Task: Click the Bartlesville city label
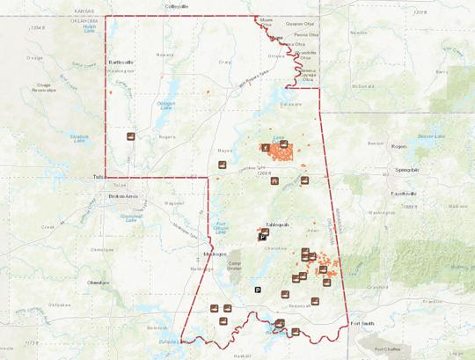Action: [121, 63]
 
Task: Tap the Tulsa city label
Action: [98, 177]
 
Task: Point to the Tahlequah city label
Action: [266, 225]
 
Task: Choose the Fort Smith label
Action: [362, 323]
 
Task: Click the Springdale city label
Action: [406, 168]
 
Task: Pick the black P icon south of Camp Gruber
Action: [258, 289]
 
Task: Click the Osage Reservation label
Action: [45, 86]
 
